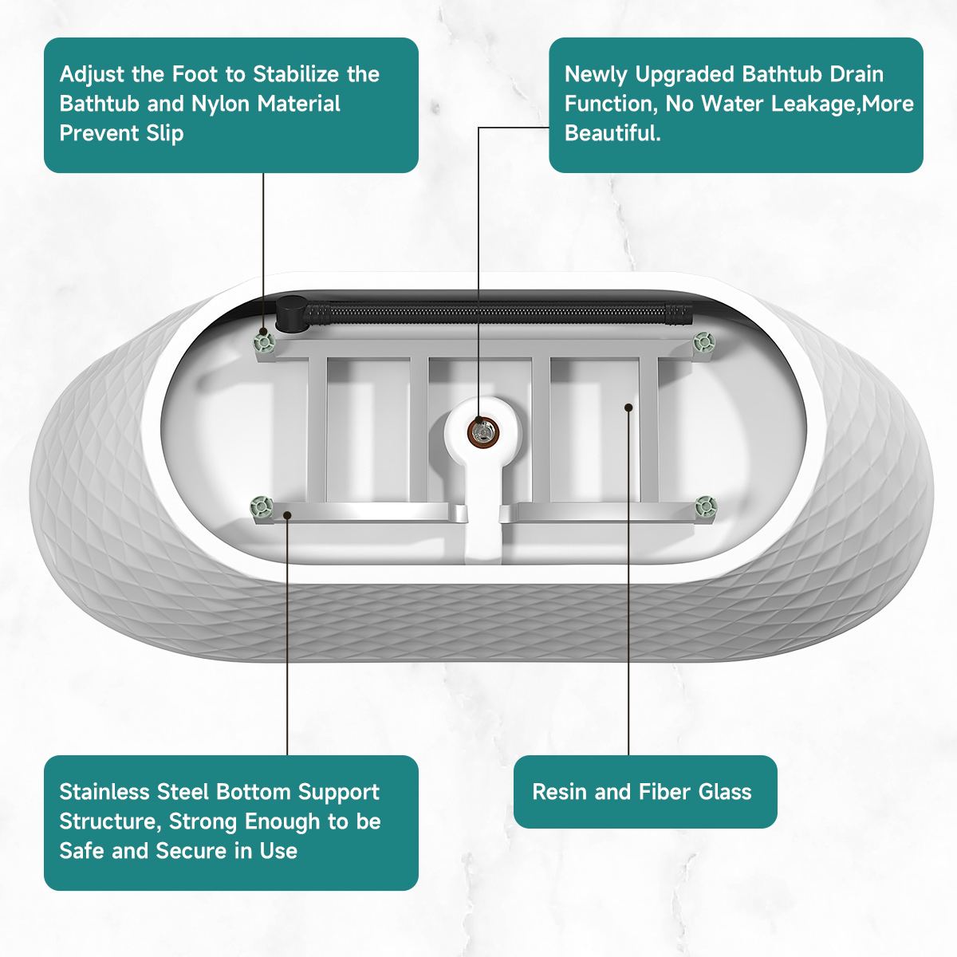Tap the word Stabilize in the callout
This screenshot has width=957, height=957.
pyautogui.click(x=297, y=74)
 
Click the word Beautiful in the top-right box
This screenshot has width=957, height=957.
pyautogui.click(x=612, y=133)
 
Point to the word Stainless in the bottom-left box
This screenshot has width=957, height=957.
pyautogui.click(x=104, y=792)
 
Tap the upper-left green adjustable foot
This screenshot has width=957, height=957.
pyautogui.click(x=263, y=341)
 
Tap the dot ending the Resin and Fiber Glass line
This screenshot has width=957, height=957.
pyautogui.click(x=628, y=408)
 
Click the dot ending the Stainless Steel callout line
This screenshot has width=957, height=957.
pyautogui.click(x=287, y=515)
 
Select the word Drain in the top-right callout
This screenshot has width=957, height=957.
pyautogui.click(x=857, y=74)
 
